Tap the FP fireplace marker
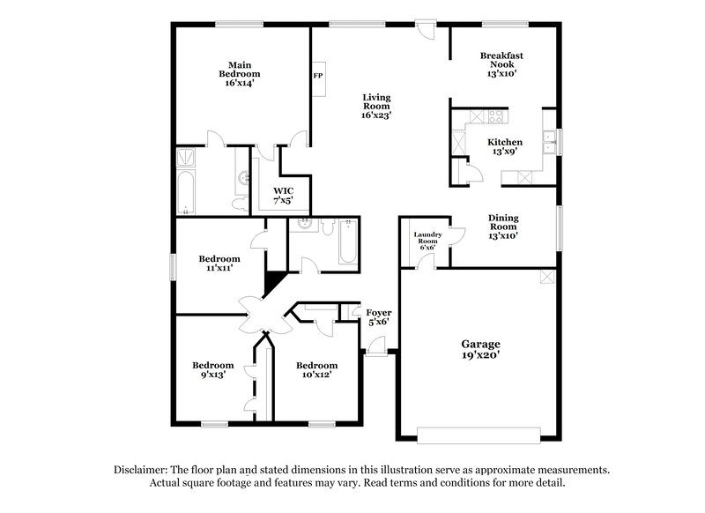tap(317, 76)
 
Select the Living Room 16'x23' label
tap(376, 106)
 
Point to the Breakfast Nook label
tap(501, 64)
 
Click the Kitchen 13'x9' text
tap(505, 146)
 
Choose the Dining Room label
tap(504, 226)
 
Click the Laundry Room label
tap(427, 241)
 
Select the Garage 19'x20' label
tap(481, 349)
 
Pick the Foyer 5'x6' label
tap(379, 317)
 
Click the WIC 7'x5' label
tap(283, 196)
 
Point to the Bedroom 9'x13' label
tap(213, 370)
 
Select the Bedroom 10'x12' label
tap(316, 370)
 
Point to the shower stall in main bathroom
tap(188, 157)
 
